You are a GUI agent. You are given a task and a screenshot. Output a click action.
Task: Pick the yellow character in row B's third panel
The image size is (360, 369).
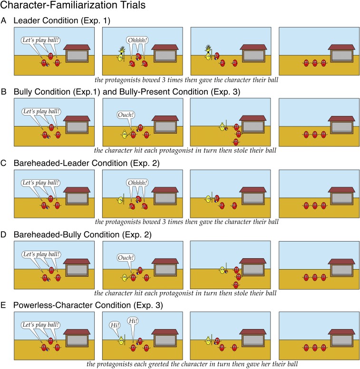click(221, 126)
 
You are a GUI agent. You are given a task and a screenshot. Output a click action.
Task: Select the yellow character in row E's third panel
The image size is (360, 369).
click(208, 340)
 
